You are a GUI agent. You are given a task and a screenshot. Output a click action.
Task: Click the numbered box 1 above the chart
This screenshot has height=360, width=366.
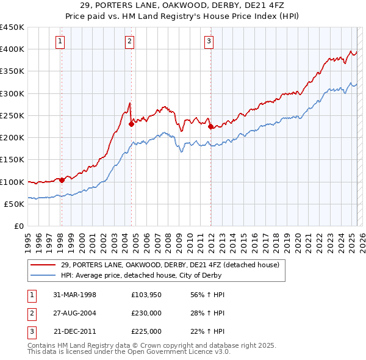(x=62, y=41)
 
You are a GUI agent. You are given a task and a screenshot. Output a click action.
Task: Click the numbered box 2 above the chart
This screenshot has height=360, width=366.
(x=131, y=41)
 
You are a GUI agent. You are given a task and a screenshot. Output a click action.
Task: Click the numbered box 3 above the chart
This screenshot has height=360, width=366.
(x=209, y=41)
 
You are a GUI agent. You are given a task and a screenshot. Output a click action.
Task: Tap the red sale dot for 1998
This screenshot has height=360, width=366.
(x=62, y=180)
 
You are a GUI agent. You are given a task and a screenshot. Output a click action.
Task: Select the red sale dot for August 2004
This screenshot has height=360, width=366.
(x=131, y=124)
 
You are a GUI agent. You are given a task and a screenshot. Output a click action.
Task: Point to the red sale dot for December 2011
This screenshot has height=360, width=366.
(x=210, y=126)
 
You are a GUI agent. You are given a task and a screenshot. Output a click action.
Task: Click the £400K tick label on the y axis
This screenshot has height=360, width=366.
(x=12, y=49)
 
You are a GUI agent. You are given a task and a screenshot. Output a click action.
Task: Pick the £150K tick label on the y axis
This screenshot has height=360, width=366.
(x=12, y=160)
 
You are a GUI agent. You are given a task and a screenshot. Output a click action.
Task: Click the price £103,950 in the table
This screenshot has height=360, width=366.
(x=146, y=295)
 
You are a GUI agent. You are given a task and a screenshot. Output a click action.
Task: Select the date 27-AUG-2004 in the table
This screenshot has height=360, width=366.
(x=75, y=313)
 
